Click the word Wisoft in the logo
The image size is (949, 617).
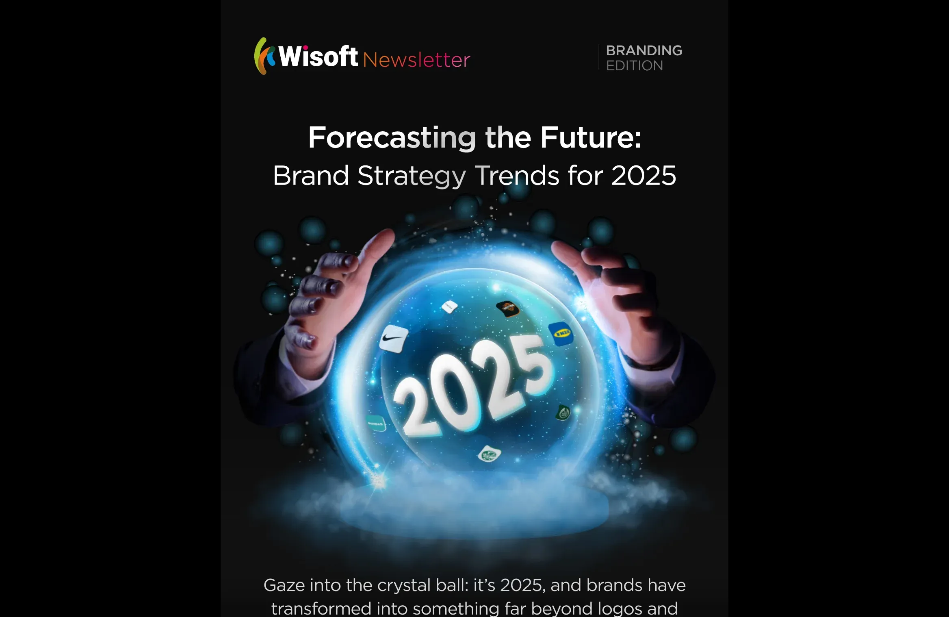click(318, 57)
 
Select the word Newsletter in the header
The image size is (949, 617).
click(416, 60)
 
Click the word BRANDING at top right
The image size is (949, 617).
click(643, 50)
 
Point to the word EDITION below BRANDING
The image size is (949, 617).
click(634, 65)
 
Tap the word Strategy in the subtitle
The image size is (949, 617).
click(411, 176)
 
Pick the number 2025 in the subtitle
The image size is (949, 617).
click(643, 176)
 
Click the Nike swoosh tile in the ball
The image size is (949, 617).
click(393, 338)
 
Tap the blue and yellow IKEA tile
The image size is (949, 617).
click(561, 334)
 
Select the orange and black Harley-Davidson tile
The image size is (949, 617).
click(507, 308)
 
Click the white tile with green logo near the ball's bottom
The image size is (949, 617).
click(489, 454)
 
